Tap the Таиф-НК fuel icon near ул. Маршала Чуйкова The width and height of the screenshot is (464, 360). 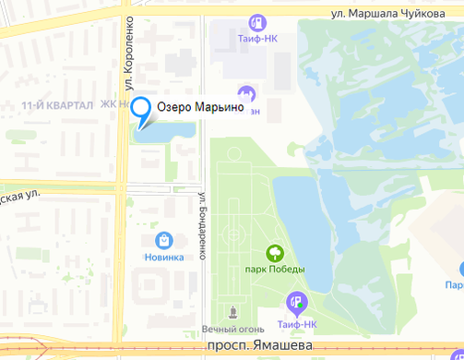(258, 22)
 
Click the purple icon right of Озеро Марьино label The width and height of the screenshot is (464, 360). (246, 94)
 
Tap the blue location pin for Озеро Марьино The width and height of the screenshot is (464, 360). (141, 110)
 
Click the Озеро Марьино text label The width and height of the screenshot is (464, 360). (200, 108)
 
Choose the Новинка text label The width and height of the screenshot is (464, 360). (164, 258)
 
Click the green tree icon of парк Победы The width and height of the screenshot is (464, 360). (274, 251)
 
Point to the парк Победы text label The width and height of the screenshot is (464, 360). (274, 270)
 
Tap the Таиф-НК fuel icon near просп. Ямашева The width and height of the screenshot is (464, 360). (296, 300)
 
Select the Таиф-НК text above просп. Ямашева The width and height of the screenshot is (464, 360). (295, 325)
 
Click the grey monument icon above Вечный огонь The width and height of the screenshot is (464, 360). (232, 311)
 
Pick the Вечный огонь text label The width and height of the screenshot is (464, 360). (232, 330)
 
